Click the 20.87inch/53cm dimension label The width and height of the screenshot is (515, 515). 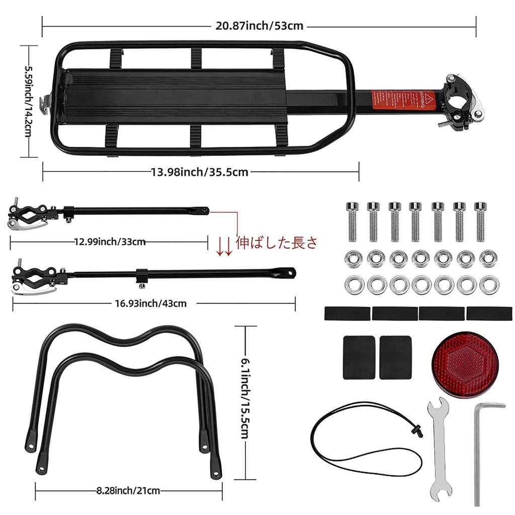(x=259, y=26)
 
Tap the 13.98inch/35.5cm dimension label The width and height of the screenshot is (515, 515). (x=200, y=172)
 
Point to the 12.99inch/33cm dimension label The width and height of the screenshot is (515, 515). (x=110, y=241)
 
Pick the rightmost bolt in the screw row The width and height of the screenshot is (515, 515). (x=480, y=221)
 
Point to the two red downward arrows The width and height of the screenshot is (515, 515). (x=224, y=247)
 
